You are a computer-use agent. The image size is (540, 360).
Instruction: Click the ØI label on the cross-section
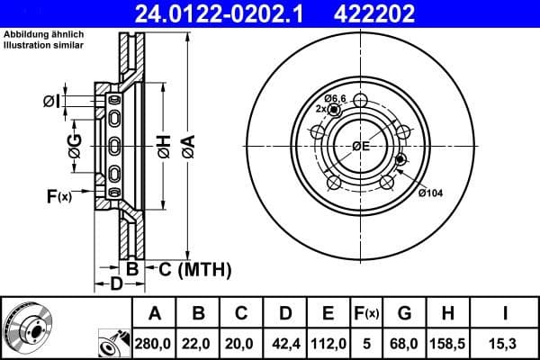(x=51, y=103)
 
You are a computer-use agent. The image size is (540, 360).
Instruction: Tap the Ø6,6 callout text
(x=335, y=97)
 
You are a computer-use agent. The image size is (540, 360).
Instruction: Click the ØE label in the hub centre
(x=361, y=146)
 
